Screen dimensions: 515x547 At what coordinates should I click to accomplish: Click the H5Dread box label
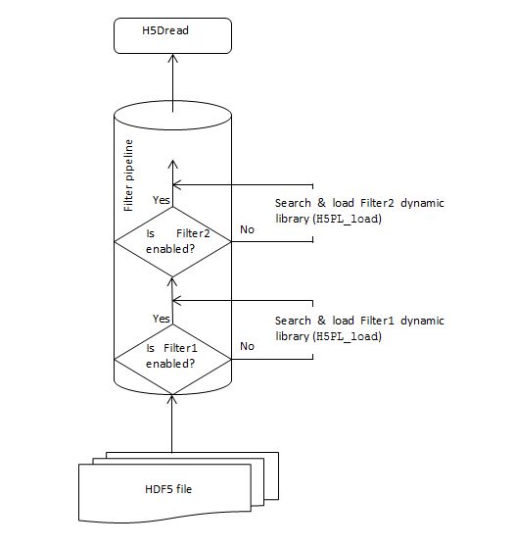(165, 30)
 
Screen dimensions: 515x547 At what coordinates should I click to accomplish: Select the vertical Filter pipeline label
(128, 175)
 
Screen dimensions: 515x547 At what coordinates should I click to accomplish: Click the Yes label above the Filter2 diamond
(162, 200)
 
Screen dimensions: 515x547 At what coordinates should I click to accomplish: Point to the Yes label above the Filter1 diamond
(162, 319)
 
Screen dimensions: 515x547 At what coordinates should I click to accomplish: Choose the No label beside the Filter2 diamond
(247, 229)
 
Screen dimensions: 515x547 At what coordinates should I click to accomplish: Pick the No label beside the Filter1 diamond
(247, 346)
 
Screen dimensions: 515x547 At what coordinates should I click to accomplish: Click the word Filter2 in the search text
(377, 203)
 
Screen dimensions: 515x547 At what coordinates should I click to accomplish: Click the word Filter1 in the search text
(377, 321)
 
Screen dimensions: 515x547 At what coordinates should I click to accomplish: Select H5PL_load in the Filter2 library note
(347, 219)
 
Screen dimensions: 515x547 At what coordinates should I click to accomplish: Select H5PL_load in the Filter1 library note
(347, 336)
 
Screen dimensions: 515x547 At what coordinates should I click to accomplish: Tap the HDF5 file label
(168, 489)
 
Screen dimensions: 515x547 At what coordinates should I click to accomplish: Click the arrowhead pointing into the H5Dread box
(173, 58)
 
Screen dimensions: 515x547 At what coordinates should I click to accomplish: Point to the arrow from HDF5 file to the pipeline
(171, 423)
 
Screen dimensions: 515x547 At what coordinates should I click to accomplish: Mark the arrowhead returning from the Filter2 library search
(177, 184)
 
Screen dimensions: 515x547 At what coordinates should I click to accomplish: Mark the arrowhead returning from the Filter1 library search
(177, 300)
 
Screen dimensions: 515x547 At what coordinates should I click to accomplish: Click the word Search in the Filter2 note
(293, 203)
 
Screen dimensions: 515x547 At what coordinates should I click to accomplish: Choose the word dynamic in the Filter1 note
(422, 321)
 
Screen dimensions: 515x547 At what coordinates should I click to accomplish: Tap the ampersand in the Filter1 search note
(321, 321)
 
